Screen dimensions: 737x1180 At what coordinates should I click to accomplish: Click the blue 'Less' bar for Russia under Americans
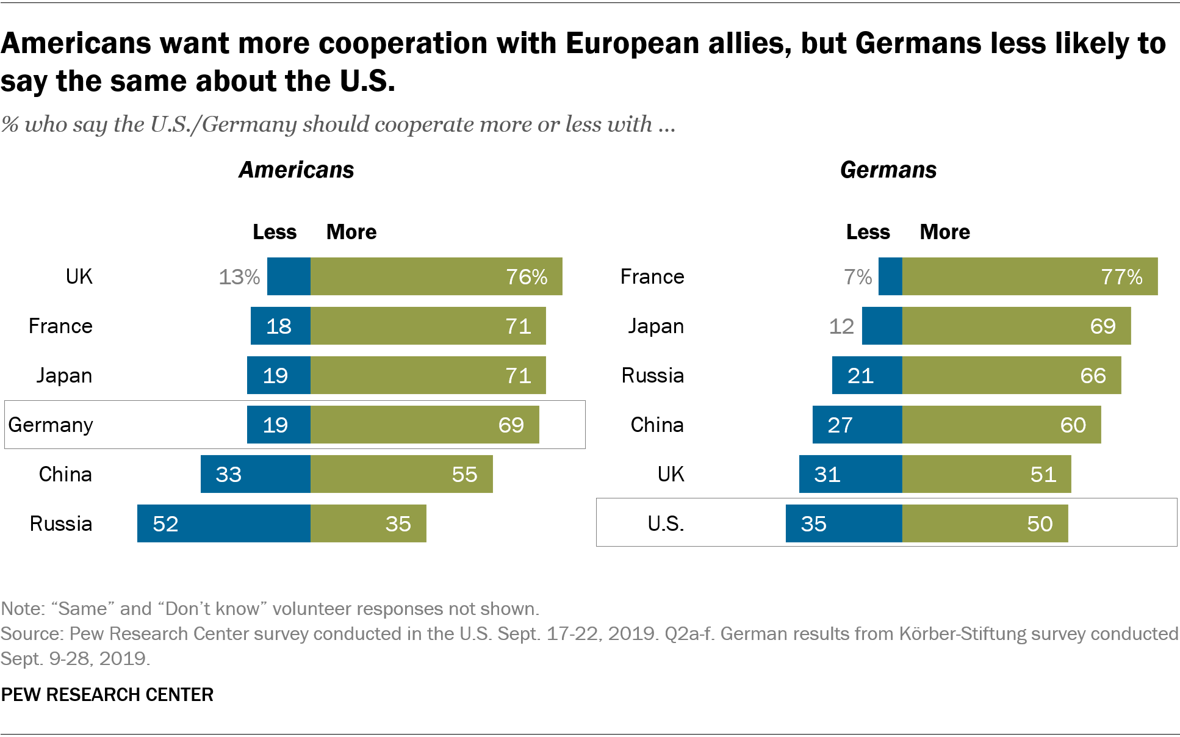pos(223,523)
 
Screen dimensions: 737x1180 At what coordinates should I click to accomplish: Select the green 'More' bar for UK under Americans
pos(436,276)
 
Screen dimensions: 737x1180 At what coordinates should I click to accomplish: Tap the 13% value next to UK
pos(239,277)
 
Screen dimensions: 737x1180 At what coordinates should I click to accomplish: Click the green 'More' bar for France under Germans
pos(1029,276)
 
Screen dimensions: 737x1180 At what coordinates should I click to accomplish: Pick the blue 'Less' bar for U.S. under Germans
pos(843,523)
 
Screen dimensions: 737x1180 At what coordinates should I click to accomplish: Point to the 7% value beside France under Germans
pos(858,277)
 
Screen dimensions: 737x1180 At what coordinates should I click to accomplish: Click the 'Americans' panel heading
pos(296,170)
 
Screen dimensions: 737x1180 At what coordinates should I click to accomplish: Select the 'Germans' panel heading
pos(888,170)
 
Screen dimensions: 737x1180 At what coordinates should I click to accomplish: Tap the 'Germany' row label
pos(51,425)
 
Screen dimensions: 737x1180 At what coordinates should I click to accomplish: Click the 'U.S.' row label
pos(666,523)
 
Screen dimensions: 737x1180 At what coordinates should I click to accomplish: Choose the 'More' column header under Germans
pos(944,232)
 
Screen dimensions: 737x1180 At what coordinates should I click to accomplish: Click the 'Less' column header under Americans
pos(275,232)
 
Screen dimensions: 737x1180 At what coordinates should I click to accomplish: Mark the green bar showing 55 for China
pos(401,474)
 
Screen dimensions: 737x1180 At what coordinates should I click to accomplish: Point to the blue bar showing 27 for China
pos(857,425)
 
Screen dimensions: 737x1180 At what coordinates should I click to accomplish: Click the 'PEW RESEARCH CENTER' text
pos(107,694)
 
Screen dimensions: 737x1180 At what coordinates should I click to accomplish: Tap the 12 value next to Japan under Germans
pos(841,326)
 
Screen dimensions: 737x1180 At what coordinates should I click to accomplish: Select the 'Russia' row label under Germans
pos(652,375)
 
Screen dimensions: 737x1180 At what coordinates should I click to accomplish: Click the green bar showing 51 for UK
pos(986,474)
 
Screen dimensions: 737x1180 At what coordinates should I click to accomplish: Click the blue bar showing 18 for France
pos(280,326)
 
